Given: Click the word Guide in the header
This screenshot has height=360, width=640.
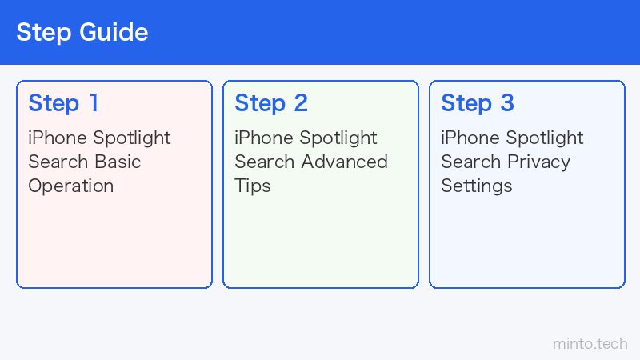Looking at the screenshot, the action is click(114, 32).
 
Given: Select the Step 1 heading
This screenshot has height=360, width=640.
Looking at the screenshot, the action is click(63, 104).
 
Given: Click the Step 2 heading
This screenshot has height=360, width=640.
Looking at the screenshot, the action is click(271, 104).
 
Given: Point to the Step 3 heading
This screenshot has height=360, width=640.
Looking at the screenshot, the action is click(478, 104).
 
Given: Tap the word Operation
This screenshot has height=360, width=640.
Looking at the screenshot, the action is click(71, 186).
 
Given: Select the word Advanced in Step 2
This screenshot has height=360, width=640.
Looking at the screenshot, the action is click(345, 162).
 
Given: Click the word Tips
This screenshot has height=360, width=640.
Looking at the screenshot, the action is click(253, 186).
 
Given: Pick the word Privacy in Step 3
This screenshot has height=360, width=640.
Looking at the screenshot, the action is click(538, 162).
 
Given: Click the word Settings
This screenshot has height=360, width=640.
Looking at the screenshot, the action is click(477, 186).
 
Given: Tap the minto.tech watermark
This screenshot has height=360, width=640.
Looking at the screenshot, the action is click(590, 344).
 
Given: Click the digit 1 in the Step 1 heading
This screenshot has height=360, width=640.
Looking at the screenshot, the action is click(94, 103).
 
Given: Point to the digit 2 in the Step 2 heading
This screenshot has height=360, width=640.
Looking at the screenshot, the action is click(301, 103).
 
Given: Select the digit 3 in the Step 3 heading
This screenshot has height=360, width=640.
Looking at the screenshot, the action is click(507, 103).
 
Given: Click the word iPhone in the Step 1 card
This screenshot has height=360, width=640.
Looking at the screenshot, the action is click(57, 138).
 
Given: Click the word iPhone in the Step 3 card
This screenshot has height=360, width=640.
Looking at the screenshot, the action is click(470, 138).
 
